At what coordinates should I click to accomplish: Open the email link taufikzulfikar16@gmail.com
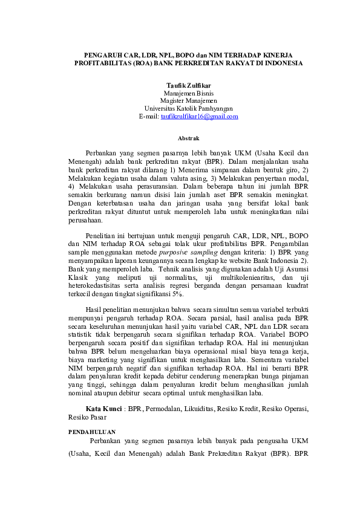pos(199,117)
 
